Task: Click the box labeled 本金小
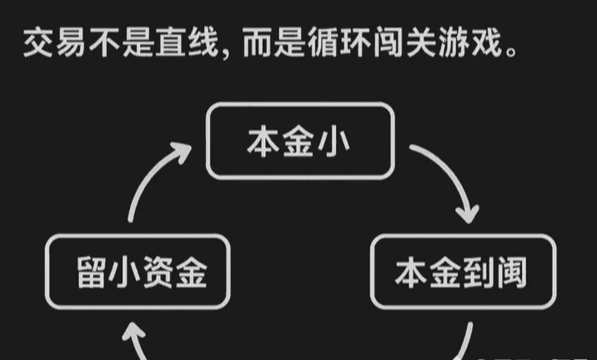tap(298, 140)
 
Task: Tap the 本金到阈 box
tap(461, 272)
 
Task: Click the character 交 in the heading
tap(36, 42)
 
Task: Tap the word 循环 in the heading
tap(327, 42)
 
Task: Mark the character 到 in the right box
tap(478, 272)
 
